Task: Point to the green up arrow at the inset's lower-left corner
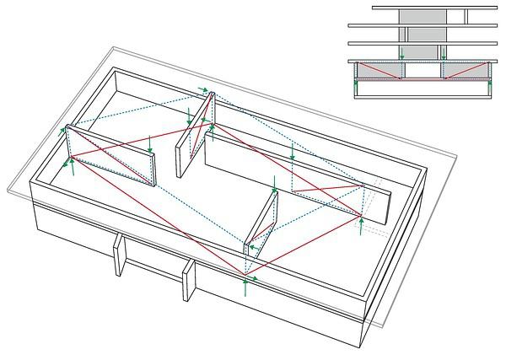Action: tap(356, 83)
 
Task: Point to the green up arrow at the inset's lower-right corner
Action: tap(490, 83)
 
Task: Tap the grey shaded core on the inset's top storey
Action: tap(422, 17)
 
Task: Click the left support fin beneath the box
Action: tap(120, 256)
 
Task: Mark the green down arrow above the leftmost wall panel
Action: tap(149, 142)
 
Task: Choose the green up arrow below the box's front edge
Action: tap(245, 287)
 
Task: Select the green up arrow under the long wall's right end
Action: tap(361, 226)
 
